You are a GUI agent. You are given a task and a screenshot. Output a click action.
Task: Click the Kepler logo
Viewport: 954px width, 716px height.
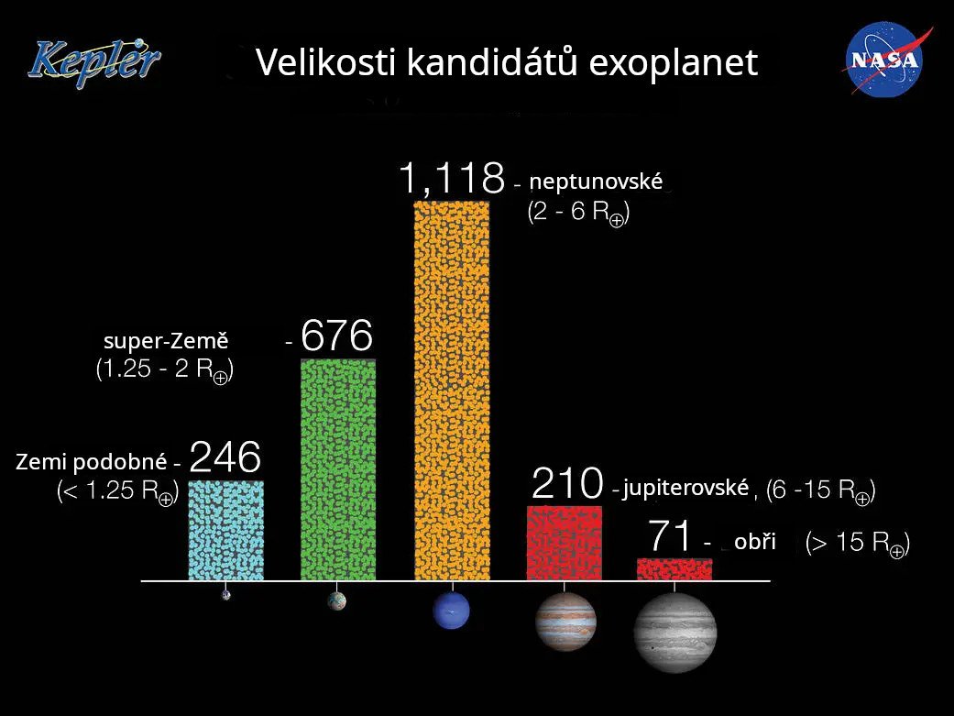coord(94,62)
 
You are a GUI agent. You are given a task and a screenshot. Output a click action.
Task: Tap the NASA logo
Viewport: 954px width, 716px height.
coord(886,60)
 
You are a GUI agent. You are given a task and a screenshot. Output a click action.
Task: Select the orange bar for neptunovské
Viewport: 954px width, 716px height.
coord(452,391)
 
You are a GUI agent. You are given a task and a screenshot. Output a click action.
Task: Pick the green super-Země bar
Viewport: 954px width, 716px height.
coord(338,469)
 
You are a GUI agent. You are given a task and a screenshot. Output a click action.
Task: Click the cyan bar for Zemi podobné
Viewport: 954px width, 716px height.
coord(225,530)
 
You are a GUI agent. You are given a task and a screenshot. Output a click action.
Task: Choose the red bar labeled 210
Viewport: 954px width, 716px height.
coord(564,543)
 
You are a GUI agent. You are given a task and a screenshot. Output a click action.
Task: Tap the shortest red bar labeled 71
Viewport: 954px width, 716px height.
coord(674,568)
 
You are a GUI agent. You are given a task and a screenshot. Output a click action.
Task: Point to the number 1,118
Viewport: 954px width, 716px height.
coord(452,179)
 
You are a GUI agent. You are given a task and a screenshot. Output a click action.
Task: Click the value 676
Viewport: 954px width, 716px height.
coord(336,336)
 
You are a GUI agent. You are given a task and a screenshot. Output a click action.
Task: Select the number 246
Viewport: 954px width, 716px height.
coord(225,457)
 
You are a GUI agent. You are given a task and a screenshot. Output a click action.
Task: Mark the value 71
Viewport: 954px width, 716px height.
coord(670,535)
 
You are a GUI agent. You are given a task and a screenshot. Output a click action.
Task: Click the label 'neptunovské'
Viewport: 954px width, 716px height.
coord(596,182)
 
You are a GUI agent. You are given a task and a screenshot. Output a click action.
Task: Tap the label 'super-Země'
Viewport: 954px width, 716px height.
coord(166,340)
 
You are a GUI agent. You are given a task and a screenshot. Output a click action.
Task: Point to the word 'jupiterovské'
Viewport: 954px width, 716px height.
coord(685,488)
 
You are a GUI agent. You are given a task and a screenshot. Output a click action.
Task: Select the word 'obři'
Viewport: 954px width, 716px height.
coord(755,541)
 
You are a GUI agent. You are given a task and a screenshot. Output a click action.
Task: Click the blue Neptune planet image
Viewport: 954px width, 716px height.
coord(452,611)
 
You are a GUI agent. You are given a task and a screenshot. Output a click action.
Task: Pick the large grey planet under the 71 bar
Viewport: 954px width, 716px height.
coord(674,633)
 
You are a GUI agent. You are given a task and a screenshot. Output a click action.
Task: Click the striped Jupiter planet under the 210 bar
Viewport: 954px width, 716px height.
coord(565,622)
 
